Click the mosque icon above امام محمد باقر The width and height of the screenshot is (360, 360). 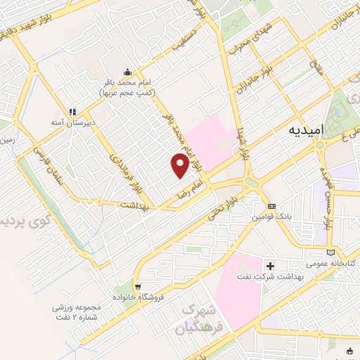pos(127,71)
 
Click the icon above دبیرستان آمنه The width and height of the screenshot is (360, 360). pos(71,110)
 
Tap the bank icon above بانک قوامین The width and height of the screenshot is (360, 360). pos(271,206)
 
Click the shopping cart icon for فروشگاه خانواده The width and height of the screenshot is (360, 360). pos(140,286)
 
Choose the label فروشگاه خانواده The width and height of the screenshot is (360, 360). pos(166,296)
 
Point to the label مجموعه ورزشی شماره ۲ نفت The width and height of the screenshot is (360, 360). pos(79,311)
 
